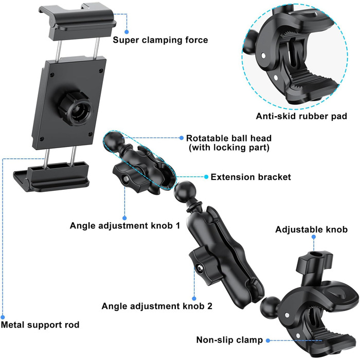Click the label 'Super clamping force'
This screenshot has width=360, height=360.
160,40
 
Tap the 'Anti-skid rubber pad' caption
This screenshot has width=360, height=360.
301,116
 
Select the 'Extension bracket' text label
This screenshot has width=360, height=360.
251,177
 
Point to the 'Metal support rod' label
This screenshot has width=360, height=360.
40,325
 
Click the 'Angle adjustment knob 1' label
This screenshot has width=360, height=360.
125,225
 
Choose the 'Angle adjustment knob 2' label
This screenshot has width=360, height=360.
157,306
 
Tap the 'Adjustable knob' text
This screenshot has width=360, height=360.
311,229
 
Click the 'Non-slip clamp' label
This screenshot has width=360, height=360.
229,340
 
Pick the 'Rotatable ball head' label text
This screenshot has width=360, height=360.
229,138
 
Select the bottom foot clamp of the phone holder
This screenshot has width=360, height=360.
51,176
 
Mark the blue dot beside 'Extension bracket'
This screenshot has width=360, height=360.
206,177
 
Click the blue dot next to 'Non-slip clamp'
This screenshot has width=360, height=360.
268,340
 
